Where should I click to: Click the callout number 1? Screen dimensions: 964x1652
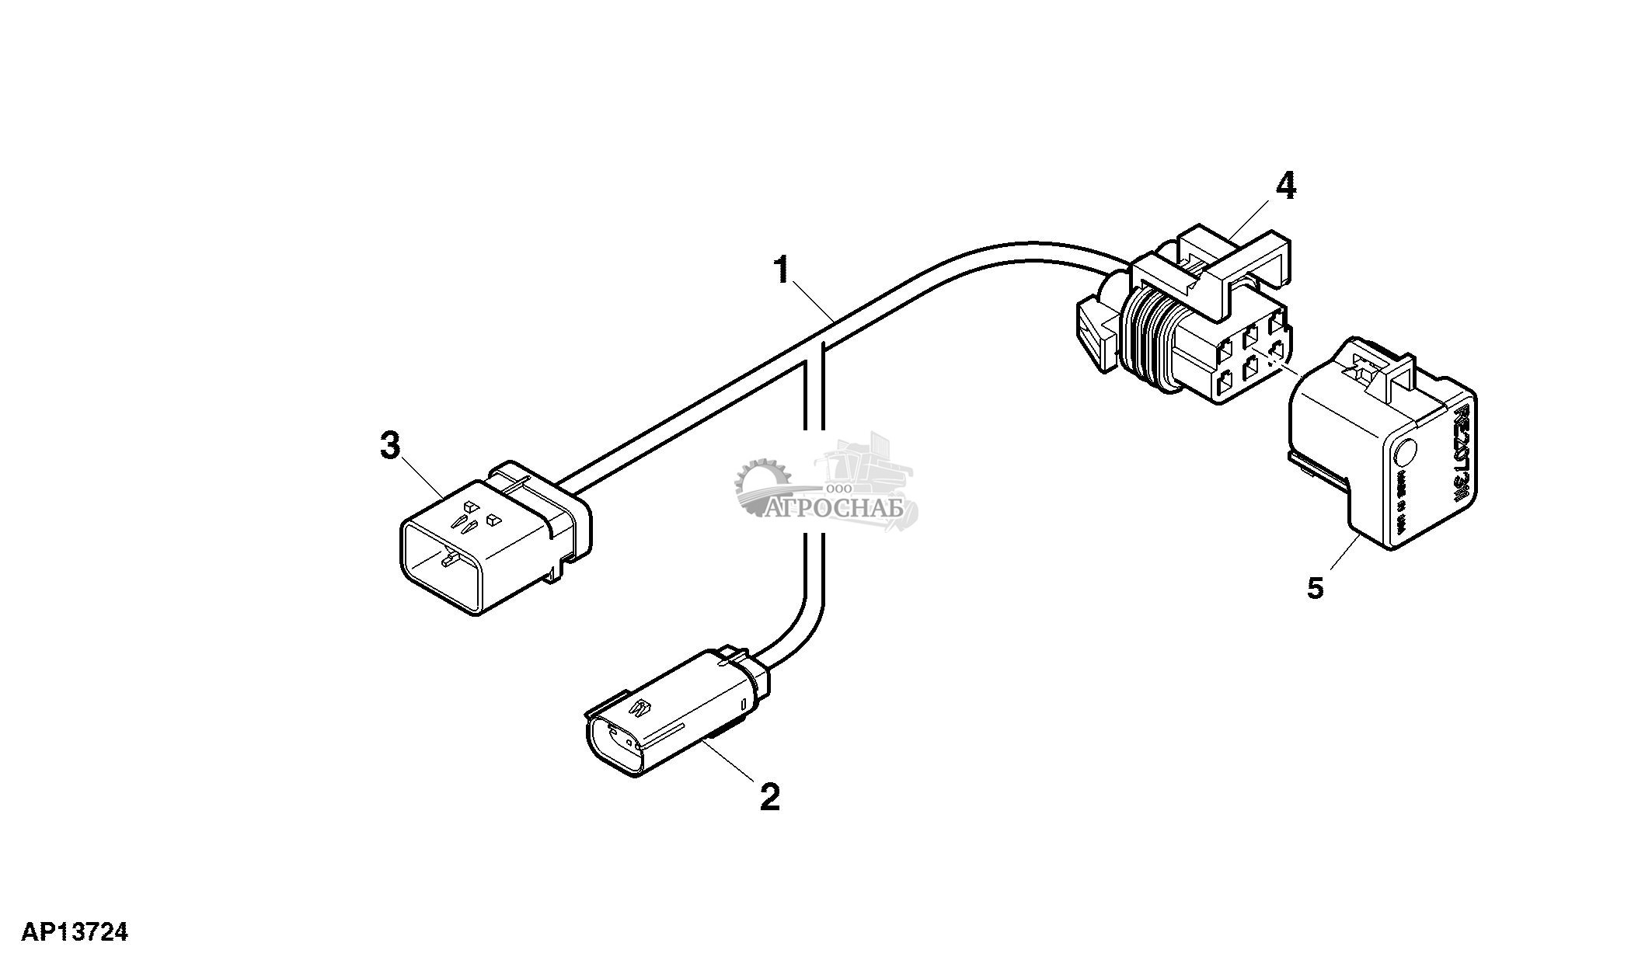(x=782, y=272)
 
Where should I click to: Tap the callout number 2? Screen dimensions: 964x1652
(x=769, y=797)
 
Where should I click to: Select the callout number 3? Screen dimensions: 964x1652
(x=390, y=447)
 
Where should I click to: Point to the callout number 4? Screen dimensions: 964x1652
(x=1286, y=186)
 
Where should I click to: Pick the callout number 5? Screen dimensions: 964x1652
(x=1315, y=588)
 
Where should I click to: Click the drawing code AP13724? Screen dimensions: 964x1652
(x=75, y=932)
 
